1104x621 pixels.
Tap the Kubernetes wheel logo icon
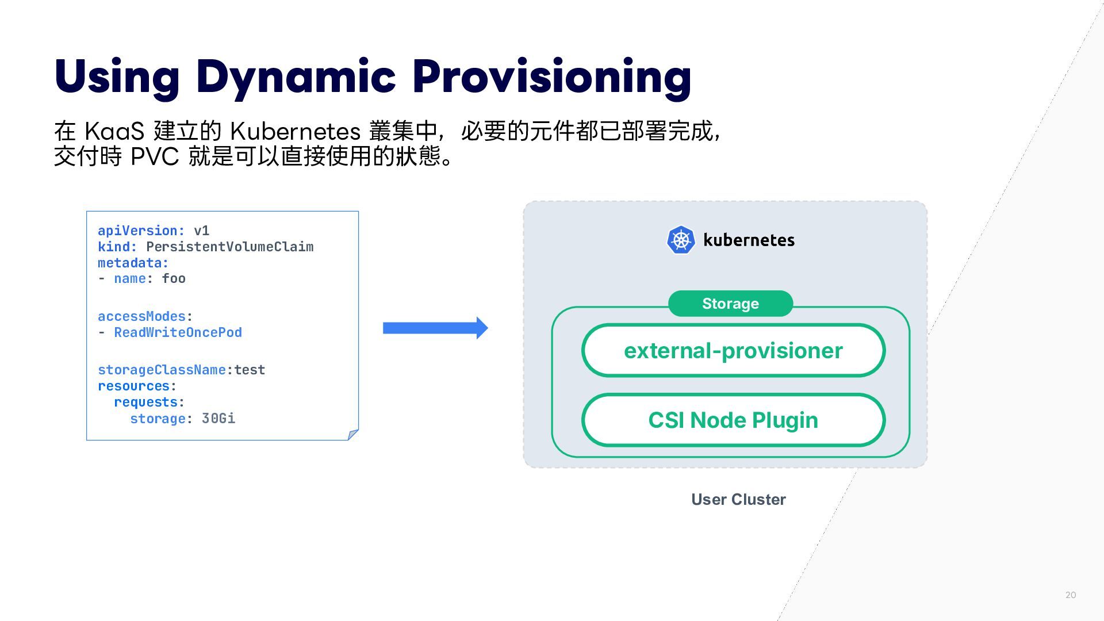tap(681, 240)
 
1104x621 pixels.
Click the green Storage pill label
tap(730, 304)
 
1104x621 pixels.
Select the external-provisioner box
tap(733, 350)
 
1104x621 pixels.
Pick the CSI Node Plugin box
tap(733, 420)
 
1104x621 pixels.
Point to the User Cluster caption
tap(738, 499)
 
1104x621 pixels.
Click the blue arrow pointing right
tap(435, 328)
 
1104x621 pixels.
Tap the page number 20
tap(1071, 595)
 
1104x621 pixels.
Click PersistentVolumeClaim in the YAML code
tap(229, 247)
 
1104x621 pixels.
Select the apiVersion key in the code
tap(138, 231)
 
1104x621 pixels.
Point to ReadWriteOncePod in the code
tap(178, 332)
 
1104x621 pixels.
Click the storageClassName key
tap(162, 370)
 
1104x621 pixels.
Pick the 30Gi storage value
tap(218, 418)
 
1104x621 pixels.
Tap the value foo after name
tap(174, 278)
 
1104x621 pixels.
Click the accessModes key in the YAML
tap(141, 316)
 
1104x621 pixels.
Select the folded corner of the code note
tap(353, 435)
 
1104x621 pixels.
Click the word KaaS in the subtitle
tap(114, 131)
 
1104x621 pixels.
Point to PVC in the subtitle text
tap(155, 156)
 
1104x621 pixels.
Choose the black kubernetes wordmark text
tap(749, 240)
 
